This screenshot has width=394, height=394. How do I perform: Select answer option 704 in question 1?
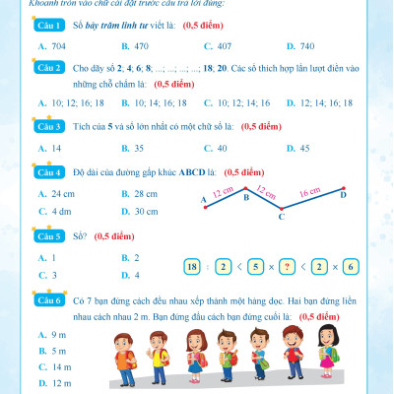tap(57, 46)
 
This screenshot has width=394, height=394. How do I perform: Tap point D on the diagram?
tap(342, 193)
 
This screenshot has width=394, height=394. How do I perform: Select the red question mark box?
tap(287, 267)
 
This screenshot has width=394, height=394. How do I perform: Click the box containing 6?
tap(352, 267)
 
